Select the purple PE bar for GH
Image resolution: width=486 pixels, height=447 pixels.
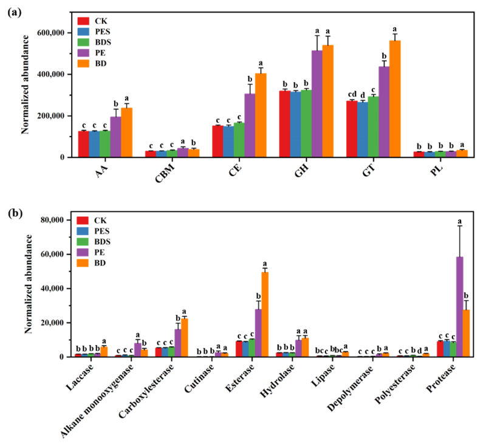click(317, 104)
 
